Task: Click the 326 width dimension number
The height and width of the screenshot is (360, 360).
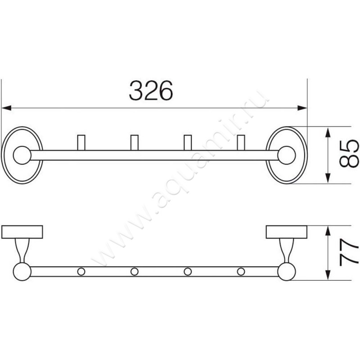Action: click(x=151, y=91)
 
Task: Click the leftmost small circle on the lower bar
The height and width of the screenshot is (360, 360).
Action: click(x=81, y=271)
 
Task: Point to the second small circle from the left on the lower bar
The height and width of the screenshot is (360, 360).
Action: click(x=134, y=271)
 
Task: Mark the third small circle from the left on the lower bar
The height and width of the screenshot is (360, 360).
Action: click(x=188, y=271)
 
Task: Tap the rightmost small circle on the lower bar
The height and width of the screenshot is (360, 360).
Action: click(x=241, y=271)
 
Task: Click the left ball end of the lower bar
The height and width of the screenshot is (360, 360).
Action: click(x=21, y=271)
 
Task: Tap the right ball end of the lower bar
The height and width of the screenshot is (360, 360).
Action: click(x=286, y=271)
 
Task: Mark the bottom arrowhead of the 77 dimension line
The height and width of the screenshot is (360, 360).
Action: click(x=329, y=277)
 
